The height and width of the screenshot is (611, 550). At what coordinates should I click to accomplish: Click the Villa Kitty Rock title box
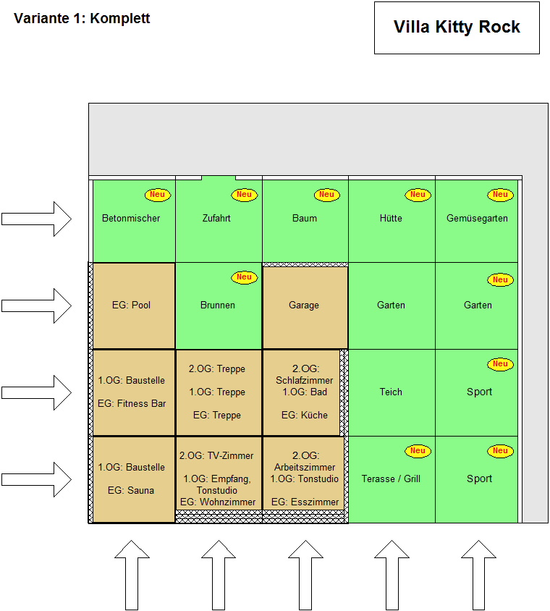pyautogui.click(x=457, y=28)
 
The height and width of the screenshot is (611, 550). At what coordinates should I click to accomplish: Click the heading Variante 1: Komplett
pyautogui.click(x=82, y=19)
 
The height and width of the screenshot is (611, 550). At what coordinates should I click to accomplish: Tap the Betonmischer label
pyautogui.click(x=131, y=218)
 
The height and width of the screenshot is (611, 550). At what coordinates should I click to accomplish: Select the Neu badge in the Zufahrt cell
pyautogui.click(x=244, y=195)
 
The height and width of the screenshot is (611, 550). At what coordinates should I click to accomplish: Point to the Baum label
pyautogui.click(x=305, y=218)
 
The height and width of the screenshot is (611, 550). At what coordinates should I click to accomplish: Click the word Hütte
pyautogui.click(x=391, y=218)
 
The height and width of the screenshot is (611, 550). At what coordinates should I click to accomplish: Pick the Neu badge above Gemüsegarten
pyautogui.click(x=500, y=195)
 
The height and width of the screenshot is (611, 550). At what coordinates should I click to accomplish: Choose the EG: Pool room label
pyautogui.click(x=131, y=305)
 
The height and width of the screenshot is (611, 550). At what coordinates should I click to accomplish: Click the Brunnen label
pyautogui.click(x=218, y=305)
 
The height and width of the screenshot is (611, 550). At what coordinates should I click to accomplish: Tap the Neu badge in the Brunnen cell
pyautogui.click(x=244, y=277)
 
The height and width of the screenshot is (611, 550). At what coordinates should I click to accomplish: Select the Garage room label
pyautogui.click(x=304, y=305)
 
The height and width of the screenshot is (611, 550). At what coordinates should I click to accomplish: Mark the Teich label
pyautogui.click(x=391, y=392)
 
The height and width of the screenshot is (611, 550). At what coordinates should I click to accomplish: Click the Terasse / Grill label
pyautogui.click(x=391, y=479)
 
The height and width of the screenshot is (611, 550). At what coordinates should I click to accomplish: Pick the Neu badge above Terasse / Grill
pyautogui.click(x=418, y=451)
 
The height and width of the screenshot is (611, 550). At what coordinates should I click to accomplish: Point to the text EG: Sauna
pyautogui.click(x=131, y=490)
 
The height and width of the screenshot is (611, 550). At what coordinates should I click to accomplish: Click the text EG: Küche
pyautogui.click(x=304, y=415)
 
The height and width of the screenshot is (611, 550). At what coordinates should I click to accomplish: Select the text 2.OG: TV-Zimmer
pyautogui.click(x=217, y=455)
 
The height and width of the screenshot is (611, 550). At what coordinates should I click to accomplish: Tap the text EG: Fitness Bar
pyautogui.click(x=131, y=403)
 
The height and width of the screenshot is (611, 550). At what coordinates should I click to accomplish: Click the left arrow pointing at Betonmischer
pyautogui.click(x=36, y=219)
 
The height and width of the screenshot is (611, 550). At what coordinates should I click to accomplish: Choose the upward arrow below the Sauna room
pyautogui.click(x=132, y=573)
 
